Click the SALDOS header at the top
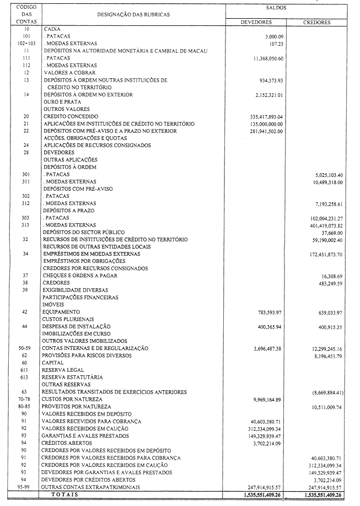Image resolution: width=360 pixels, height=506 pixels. click(288, 8)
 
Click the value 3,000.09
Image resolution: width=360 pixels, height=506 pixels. click(270, 36)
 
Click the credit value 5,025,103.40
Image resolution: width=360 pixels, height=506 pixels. click(327, 174)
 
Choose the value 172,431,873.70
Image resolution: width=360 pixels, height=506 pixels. click(323, 254)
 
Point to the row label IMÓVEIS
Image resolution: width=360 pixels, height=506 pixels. click(52, 304)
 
